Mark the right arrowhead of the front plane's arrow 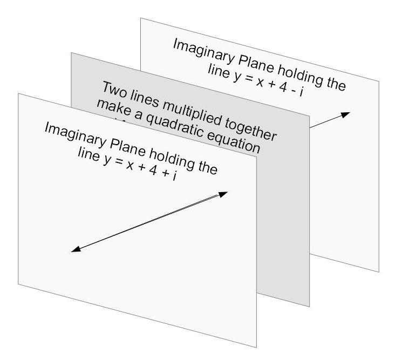point(224,194)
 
